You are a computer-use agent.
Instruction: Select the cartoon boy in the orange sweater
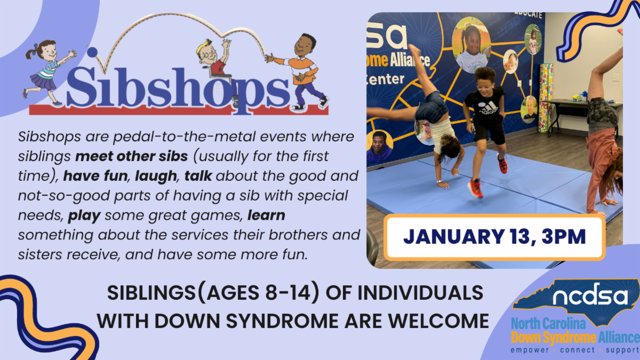pos(299,71)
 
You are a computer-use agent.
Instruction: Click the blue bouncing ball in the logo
pos(92,52)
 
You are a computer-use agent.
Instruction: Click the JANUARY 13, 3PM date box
pos(494,237)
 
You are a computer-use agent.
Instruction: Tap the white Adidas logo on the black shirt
pos(489,108)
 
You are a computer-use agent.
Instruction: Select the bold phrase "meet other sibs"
pos(131,156)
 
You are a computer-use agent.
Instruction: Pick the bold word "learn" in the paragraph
pos(266,215)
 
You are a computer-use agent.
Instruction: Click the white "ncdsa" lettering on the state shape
pos(590,295)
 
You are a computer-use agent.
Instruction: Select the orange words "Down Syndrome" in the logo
pos(554,338)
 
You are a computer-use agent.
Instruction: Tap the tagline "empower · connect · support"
pos(575,350)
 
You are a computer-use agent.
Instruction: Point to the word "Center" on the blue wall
pos(386,79)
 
